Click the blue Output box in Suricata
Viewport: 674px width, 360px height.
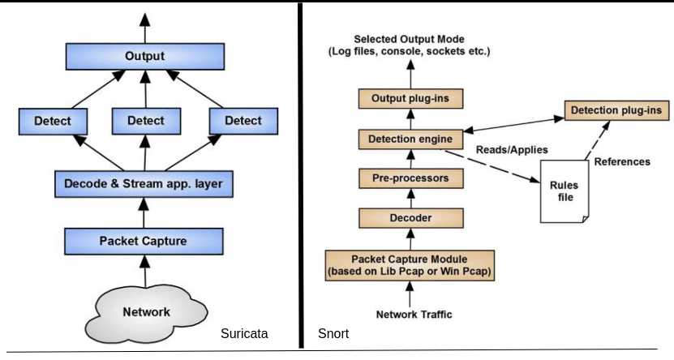(144, 57)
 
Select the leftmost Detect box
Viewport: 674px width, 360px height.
(53, 122)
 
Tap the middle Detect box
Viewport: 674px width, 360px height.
(145, 122)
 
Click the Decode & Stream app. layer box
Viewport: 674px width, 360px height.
(144, 184)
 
